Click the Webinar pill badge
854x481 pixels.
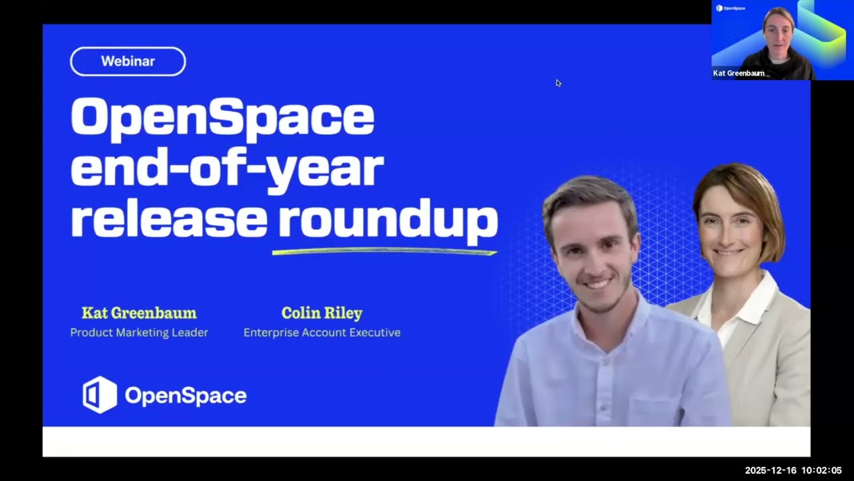tap(127, 61)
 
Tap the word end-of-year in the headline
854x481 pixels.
tap(227, 170)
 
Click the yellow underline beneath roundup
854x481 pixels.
tap(384, 252)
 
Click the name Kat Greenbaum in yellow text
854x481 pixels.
tap(139, 313)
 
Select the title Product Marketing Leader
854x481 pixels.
tap(139, 333)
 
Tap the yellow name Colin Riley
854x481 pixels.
tap(322, 313)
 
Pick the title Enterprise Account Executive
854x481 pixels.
tap(322, 333)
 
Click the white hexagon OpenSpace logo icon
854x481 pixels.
tap(99, 395)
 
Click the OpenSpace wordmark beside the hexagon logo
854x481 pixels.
tap(185, 395)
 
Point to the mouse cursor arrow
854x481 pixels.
tap(558, 83)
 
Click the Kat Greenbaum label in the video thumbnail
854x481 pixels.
tap(739, 73)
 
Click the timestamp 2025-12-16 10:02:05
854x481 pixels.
tap(793, 471)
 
